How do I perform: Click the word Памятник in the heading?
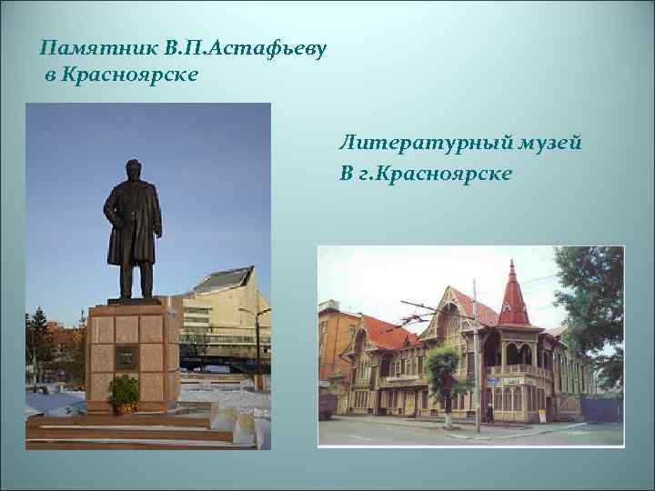(x=86, y=46)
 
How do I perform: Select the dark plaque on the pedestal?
(x=126, y=356)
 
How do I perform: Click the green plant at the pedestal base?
(x=124, y=392)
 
